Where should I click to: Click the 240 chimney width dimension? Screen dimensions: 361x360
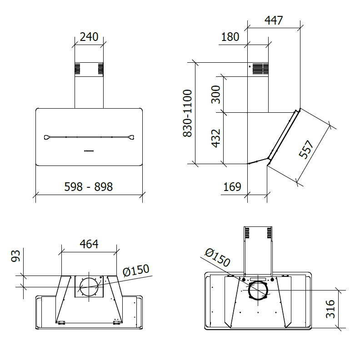pyautogui.click(x=89, y=37)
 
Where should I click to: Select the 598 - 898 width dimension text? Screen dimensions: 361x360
pyautogui.click(x=88, y=186)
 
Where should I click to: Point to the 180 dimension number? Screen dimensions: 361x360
pyautogui.click(x=230, y=37)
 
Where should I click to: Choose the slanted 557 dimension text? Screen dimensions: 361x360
pyautogui.click(x=306, y=149)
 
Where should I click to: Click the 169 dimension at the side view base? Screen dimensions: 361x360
pyautogui.click(x=232, y=186)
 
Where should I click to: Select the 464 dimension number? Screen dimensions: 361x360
pyautogui.click(x=89, y=244)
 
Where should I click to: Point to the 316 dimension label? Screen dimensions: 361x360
pyautogui.click(x=330, y=309)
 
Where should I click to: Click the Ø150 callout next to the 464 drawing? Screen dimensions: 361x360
pyautogui.click(x=136, y=271)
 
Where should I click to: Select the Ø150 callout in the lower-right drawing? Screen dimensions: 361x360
pyautogui.click(x=217, y=258)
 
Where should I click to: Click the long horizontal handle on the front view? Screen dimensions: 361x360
pyautogui.click(x=89, y=137)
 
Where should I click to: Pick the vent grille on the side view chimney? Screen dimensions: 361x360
pyautogui.click(x=260, y=69)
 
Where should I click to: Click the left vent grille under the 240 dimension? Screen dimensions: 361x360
pyautogui.click(x=78, y=69)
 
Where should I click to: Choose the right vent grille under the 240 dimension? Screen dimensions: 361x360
pyautogui.click(x=100, y=69)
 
